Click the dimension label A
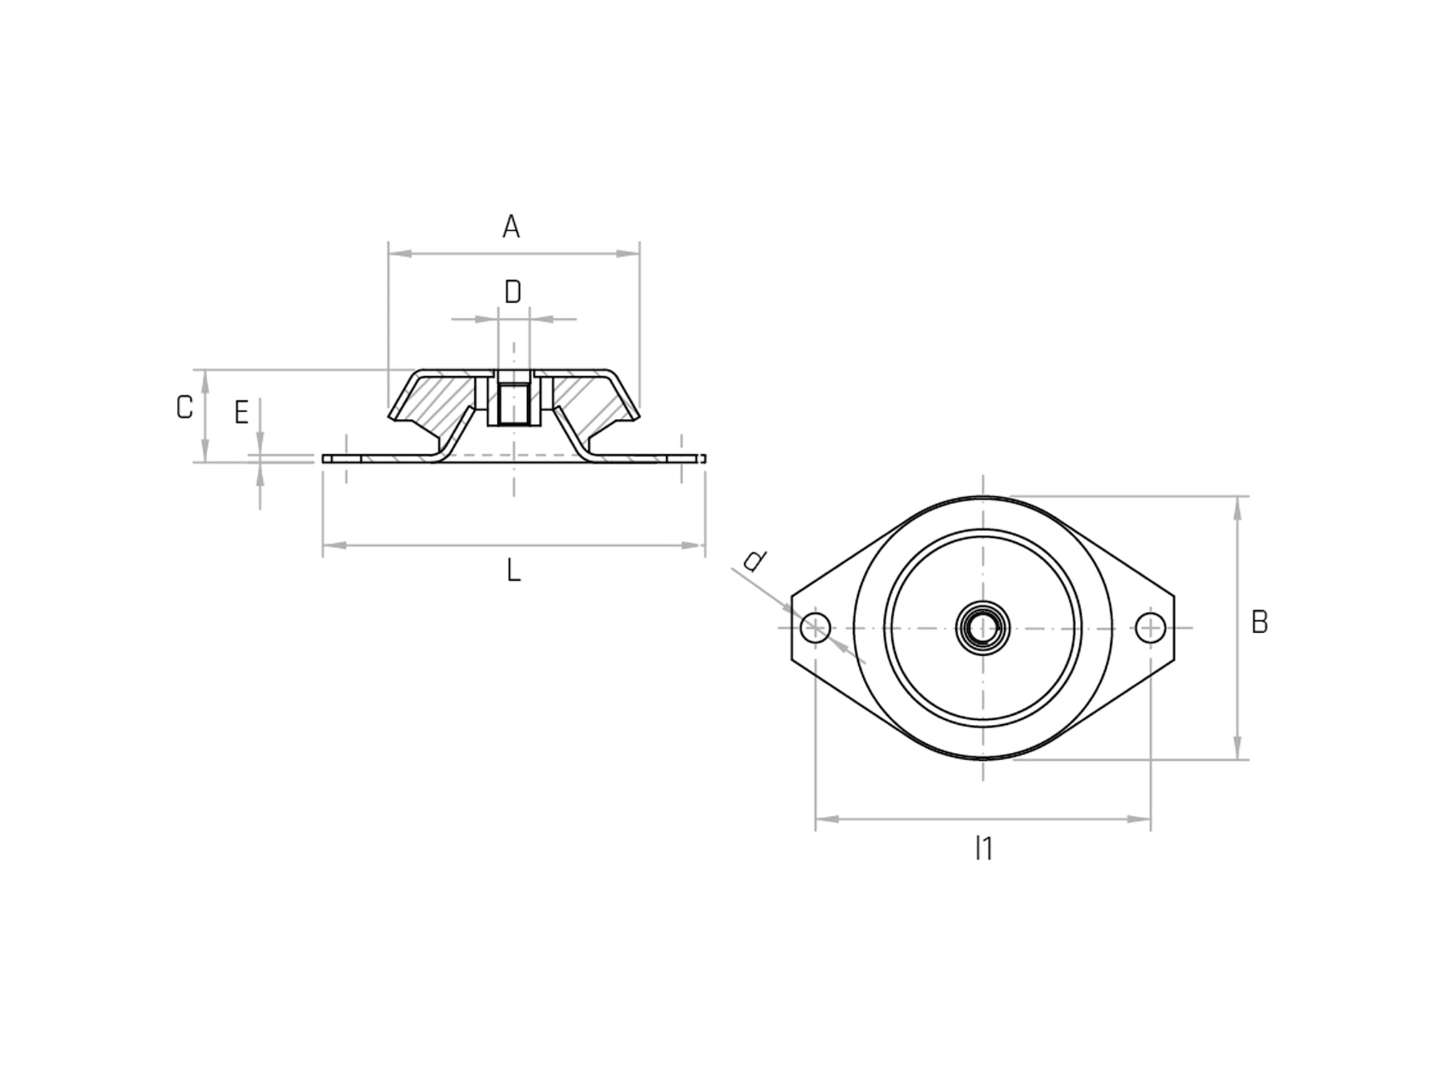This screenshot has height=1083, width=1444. click(511, 227)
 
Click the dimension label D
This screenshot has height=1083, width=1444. click(513, 292)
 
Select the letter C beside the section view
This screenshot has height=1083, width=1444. click(184, 408)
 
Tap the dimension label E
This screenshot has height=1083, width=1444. click(241, 413)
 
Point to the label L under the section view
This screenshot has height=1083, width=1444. click(513, 571)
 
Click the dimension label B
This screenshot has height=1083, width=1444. click(1259, 623)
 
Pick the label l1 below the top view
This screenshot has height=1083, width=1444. click(983, 849)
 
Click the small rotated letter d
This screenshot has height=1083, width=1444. click(754, 560)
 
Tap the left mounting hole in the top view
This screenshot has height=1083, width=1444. click(816, 628)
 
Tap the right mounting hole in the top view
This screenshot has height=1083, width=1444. click(1150, 628)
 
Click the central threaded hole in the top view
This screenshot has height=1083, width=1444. click(983, 628)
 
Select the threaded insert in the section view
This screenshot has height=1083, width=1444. click(514, 405)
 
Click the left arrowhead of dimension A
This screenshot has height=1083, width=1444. click(398, 254)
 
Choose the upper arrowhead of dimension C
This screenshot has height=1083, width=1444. click(205, 380)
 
